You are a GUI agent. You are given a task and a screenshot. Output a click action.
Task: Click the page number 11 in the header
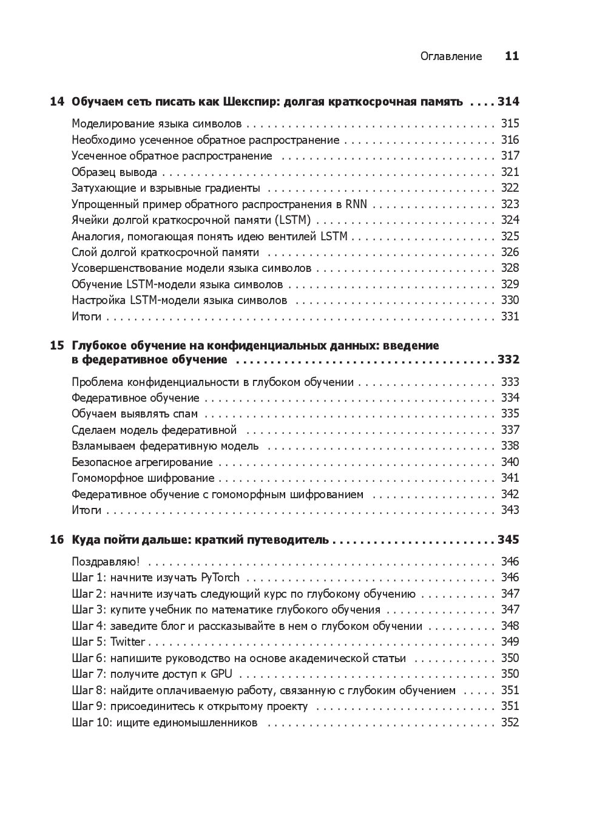pos(512,56)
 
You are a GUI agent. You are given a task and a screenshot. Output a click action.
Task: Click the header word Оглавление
pos(451,56)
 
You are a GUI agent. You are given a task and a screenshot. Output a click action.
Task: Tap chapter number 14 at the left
pos(56,102)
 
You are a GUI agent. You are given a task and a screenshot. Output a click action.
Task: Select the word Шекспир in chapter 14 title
pos(246,102)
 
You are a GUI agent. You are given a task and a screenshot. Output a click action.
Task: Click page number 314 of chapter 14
pos(508,102)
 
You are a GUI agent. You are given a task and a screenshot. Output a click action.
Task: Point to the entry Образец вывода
pos(114,172)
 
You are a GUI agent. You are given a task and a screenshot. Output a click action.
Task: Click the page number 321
pos(510,172)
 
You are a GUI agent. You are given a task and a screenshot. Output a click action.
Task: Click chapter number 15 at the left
pos(56,346)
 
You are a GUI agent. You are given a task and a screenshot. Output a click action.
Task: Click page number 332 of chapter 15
pos(508,360)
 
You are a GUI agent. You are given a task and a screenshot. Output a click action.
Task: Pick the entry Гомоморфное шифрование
pos(143,478)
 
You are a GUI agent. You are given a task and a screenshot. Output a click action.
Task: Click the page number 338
pos(510,446)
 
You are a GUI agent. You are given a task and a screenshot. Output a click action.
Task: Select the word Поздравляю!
pos(106,562)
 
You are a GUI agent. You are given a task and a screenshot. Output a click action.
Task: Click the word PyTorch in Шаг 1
pos(220,578)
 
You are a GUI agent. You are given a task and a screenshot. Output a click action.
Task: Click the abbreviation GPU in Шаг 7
pos(221,674)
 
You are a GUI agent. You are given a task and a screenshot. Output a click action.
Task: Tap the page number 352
pos(510,723)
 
